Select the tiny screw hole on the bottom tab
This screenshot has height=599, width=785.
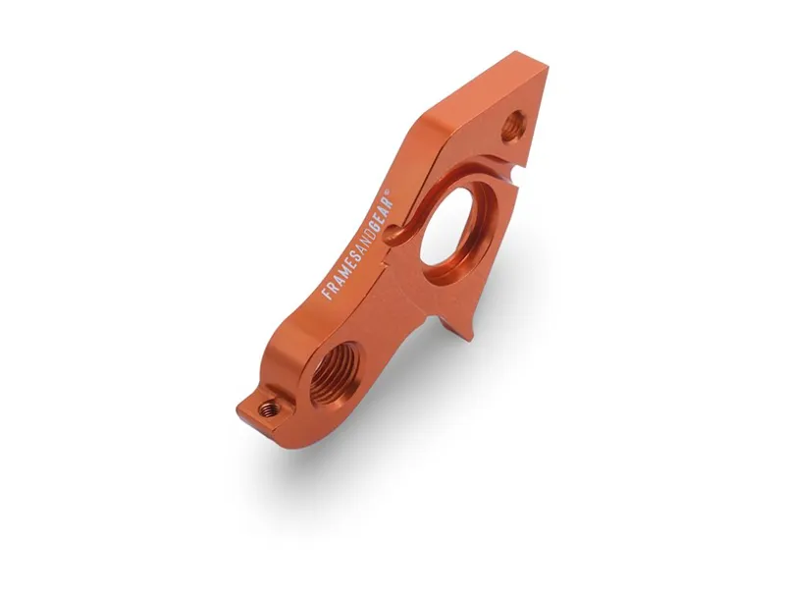coord(268,407)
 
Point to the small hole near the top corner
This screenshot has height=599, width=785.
coord(512,126)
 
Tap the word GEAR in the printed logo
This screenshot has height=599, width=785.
coord(377,209)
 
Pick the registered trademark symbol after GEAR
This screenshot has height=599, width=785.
coord(389,191)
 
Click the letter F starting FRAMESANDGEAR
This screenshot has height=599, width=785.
coord(327,293)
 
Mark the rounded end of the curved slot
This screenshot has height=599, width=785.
coord(393,235)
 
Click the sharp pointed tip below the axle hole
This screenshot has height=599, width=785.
coord(470,335)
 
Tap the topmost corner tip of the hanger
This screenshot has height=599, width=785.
coord(542,68)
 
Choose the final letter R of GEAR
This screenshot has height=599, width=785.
coord(384,199)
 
